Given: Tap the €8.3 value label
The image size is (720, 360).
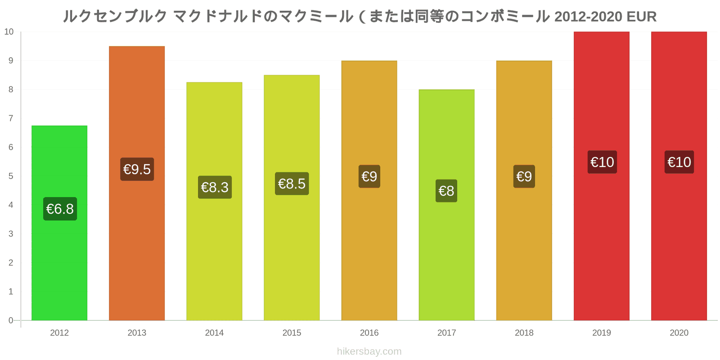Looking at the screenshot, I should (x=215, y=187).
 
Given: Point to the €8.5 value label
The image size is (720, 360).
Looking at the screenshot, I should (x=292, y=184).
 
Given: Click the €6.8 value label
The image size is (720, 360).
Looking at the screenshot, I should (x=60, y=209).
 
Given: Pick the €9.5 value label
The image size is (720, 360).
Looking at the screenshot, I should (x=137, y=169).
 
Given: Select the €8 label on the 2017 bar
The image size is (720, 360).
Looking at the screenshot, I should (x=446, y=191).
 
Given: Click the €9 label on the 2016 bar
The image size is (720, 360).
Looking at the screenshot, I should (x=369, y=176).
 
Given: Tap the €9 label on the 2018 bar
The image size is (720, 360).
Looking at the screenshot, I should (x=524, y=176).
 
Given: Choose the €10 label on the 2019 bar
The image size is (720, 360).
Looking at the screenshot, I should (x=602, y=162).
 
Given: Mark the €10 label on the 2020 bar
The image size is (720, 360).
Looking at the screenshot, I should (x=679, y=162).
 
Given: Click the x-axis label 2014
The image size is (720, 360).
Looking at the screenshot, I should (x=214, y=333).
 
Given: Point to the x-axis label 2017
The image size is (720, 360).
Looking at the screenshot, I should (x=446, y=333).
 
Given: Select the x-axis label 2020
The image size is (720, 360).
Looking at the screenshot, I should (x=679, y=333).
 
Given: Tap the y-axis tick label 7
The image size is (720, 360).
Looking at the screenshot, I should (x=11, y=118).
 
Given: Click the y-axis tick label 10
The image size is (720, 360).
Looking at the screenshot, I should (x=9, y=32).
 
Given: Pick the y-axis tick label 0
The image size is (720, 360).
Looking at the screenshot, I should (x=11, y=320).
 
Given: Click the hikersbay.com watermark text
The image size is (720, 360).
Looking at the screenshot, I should (x=369, y=351).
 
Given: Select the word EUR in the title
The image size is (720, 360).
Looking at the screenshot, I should (x=641, y=17).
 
